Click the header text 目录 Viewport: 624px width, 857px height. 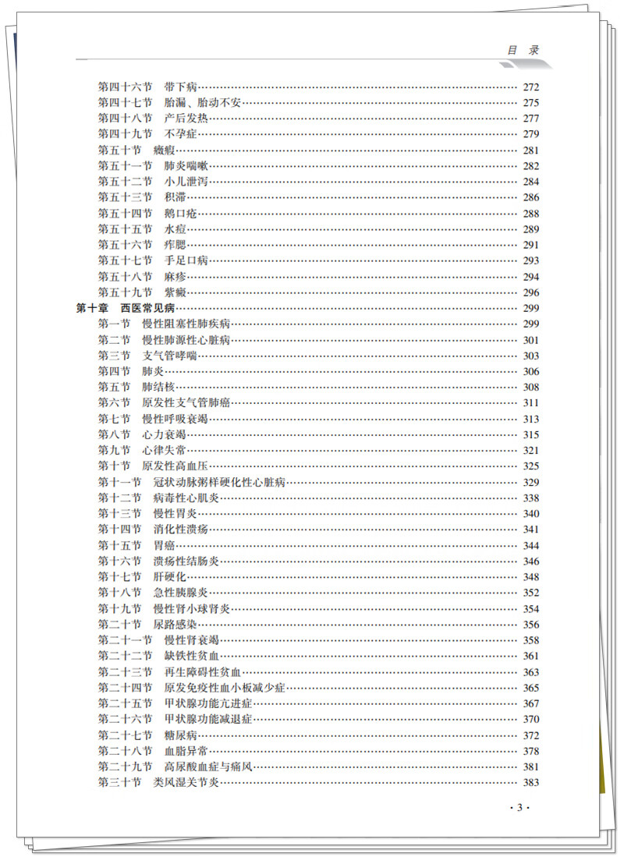[x=523, y=50]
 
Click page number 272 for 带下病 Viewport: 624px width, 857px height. [x=530, y=87]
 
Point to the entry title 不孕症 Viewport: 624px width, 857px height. [x=181, y=134]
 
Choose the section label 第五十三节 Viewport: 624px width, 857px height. [x=125, y=197]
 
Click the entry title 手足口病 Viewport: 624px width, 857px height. [x=186, y=260]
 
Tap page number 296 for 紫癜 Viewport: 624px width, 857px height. [x=530, y=292]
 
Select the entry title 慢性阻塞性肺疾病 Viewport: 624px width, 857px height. [x=186, y=324]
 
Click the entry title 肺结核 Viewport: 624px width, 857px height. [x=158, y=387]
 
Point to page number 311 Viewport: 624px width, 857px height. [x=530, y=403]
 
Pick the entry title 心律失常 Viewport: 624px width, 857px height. [x=164, y=451]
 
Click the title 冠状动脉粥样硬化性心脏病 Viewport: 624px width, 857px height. [x=220, y=483]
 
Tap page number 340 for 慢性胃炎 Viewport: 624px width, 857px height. [x=530, y=514]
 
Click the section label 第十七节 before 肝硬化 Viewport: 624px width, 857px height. [x=119, y=577]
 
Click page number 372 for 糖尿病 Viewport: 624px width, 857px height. [x=530, y=735]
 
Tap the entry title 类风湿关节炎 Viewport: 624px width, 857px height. [x=186, y=783]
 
